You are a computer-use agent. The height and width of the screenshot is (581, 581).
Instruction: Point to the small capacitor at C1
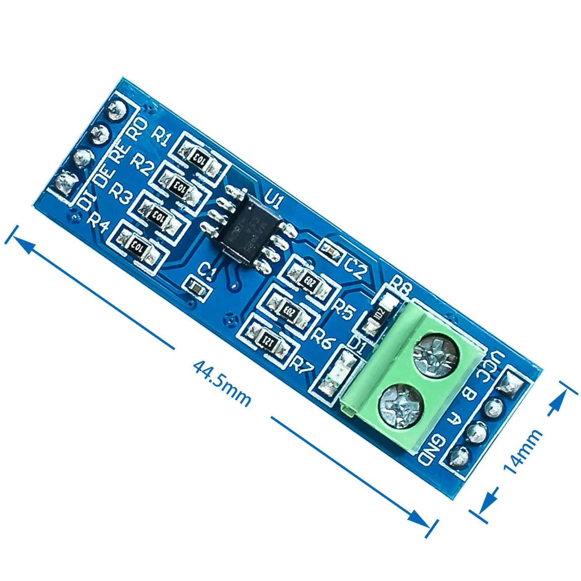coord(197,288)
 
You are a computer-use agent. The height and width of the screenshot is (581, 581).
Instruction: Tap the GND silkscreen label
coord(431,450)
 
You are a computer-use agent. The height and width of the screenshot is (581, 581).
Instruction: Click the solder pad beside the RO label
coord(116,111)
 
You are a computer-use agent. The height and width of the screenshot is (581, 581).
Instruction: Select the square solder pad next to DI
coord(65,184)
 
